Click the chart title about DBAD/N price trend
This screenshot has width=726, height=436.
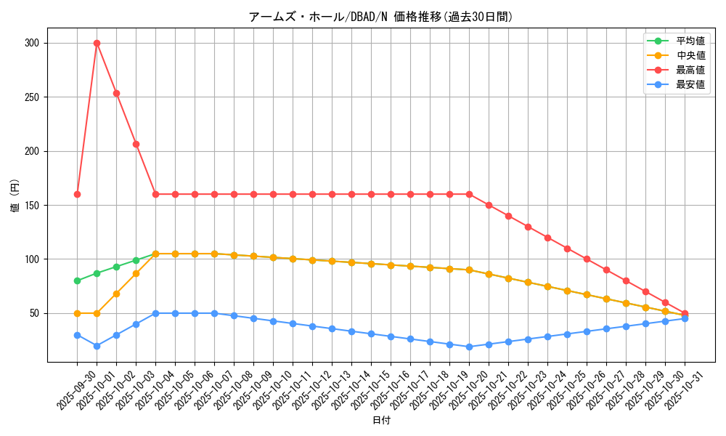pos(380,17)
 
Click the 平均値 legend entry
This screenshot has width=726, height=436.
pos(690,41)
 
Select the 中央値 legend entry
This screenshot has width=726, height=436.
pos(690,55)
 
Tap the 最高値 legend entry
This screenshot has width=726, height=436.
pos(690,70)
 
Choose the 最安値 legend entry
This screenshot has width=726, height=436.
pos(690,84)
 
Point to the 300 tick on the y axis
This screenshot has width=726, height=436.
pos(31,43)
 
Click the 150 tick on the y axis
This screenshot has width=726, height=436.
pos(31,205)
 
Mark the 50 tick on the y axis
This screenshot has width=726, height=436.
pos(34,313)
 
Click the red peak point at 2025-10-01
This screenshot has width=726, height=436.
pos(97,43)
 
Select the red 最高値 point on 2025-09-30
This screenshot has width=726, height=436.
pos(77,194)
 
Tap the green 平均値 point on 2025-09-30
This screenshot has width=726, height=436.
pos(77,280)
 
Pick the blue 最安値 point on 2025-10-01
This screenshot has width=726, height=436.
pos(97,346)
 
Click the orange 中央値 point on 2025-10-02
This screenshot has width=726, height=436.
pos(116,294)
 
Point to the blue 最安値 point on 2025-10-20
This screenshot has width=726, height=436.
pos(469,347)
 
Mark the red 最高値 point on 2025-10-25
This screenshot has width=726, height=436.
pos(567,249)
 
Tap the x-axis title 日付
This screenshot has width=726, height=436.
pos(380,421)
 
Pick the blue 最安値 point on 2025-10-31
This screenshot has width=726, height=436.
pos(685,318)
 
